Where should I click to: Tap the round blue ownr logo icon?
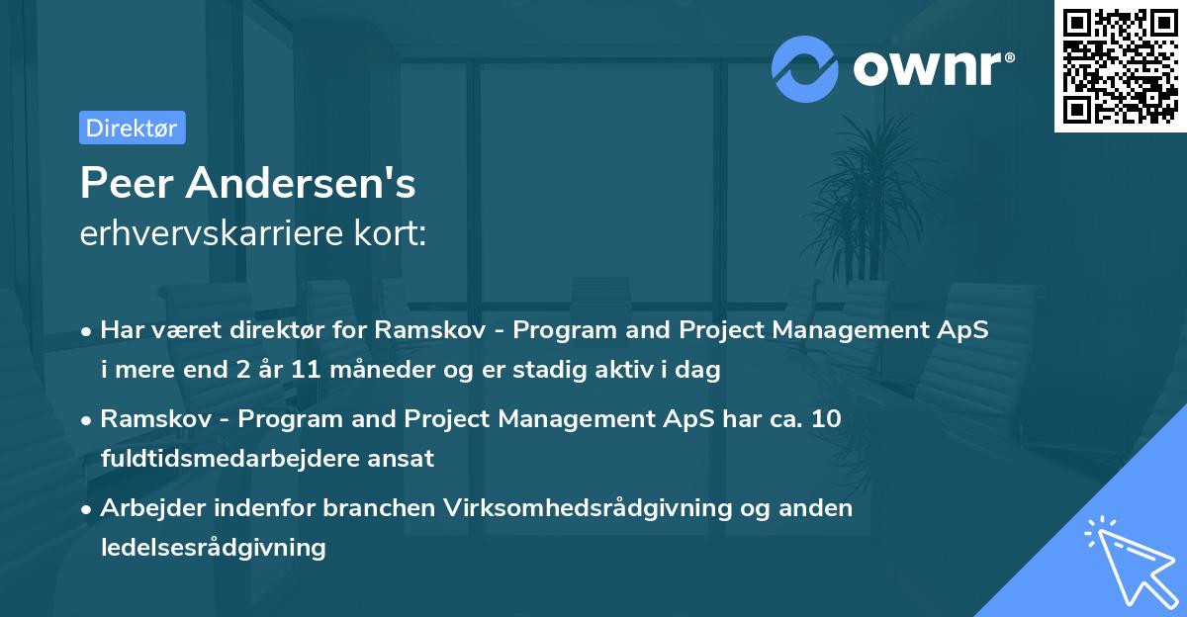[x=805, y=67]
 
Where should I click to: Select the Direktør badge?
[x=132, y=128]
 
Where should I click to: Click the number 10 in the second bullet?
[x=827, y=418]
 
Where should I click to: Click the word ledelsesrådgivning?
[x=214, y=547]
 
